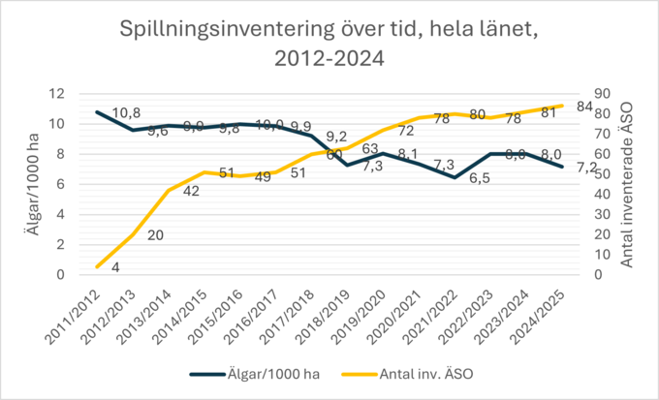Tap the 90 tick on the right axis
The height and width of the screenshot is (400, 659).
pos(602,94)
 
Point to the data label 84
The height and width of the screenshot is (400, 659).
pos(584,107)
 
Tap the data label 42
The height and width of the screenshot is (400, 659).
pos(191,191)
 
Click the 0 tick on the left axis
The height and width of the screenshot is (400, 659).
pos(61,275)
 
